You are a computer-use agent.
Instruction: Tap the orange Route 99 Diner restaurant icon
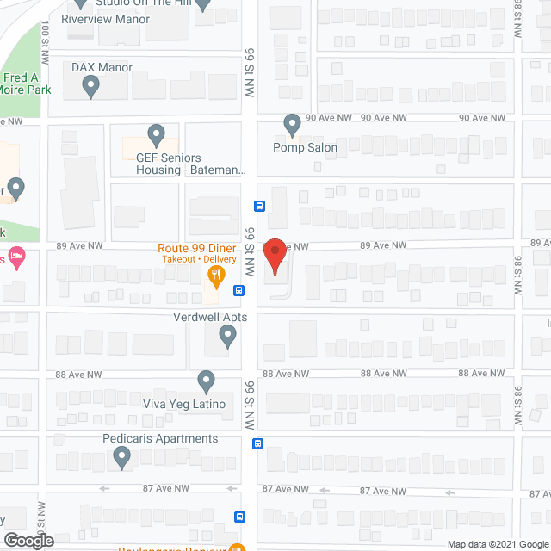216,275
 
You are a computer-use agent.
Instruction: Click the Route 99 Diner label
196,248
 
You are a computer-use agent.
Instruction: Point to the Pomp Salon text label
305,147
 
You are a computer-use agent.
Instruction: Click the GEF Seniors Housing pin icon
156,135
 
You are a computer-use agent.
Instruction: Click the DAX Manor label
102,67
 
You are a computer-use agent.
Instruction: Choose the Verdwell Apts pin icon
227,337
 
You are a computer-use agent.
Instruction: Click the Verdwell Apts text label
210,317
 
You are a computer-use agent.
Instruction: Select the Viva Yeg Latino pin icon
206,380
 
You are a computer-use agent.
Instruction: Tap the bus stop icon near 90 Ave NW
258,206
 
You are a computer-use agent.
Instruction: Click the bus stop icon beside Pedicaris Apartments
257,443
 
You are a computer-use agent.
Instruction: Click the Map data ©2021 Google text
497,543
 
